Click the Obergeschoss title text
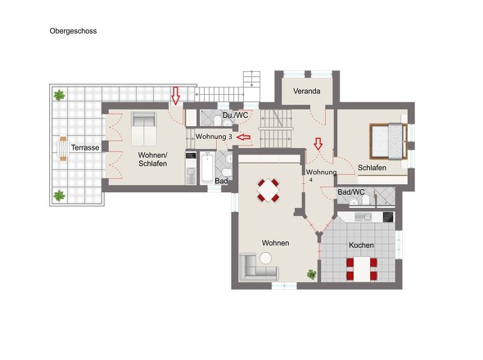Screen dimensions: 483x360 (73, 31)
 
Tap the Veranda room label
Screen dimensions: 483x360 (306, 91)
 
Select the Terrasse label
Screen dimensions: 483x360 (85, 147)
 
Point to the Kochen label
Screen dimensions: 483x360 (361, 245)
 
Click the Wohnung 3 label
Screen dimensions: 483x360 (214, 137)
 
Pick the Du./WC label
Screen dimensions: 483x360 (235, 115)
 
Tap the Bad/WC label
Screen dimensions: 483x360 (351, 192)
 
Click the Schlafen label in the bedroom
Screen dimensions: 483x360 (372, 168)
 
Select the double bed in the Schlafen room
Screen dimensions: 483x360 (389, 142)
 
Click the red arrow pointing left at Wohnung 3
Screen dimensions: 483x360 (244, 137)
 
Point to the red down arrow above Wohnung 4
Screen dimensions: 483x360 (318, 144)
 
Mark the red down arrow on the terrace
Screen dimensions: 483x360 (175, 96)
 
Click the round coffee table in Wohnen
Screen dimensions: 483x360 (265, 258)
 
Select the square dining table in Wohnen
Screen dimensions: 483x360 (268, 190)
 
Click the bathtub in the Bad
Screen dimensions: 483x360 (206, 168)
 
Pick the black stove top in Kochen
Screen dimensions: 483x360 (388, 217)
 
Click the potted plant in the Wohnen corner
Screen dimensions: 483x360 (311, 274)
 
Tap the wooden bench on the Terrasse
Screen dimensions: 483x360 (63, 149)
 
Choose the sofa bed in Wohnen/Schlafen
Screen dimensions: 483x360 (144, 128)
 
